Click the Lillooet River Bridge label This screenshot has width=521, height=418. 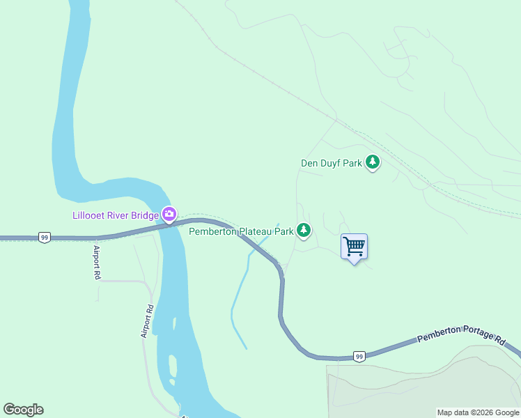coord(116,215)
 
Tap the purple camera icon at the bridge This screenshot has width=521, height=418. coord(169,213)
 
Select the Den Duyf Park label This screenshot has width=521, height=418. coord(331,164)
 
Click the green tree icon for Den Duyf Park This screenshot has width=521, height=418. coord(373,162)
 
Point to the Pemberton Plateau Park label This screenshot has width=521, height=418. coord(241,231)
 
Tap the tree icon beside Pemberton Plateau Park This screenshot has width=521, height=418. coord(303,229)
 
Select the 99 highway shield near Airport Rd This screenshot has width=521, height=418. coord(45,238)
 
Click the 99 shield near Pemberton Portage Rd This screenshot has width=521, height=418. coord(359,356)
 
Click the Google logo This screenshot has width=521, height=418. coord(23,410)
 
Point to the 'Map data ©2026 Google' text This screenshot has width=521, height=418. coord(478,412)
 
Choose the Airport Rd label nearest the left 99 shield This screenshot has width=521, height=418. coord(96,262)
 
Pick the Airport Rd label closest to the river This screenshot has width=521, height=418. coord(148,321)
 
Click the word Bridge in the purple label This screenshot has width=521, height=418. coord(145,215)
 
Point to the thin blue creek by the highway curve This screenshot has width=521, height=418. coord(239,293)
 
